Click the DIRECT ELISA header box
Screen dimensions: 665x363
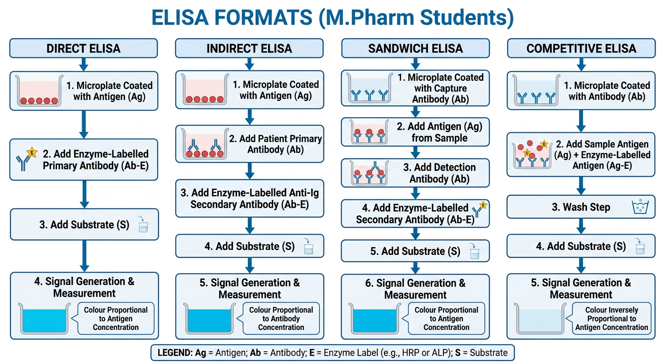pyautogui.click(x=84, y=48)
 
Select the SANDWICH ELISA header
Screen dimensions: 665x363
pyautogui.click(x=415, y=48)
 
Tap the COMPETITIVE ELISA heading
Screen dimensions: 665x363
pyautogui.click(x=581, y=48)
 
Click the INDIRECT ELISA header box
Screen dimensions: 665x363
pyautogui.click(x=249, y=48)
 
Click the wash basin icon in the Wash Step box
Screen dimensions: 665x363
pyautogui.click(x=640, y=207)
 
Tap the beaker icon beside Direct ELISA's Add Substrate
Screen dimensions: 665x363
pyautogui.click(x=143, y=225)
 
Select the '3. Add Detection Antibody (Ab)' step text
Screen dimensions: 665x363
pyautogui.click(x=439, y=173)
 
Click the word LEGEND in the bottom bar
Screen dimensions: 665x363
pyautogui.click(x=175, y=353)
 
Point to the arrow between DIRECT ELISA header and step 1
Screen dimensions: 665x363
pyautogui.click(x=84, y=64)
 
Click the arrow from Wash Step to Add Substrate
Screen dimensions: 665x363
pyautogui.click(x=581, y=226)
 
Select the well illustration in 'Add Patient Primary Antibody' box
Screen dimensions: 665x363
pyautogui.click(x=205, y=144)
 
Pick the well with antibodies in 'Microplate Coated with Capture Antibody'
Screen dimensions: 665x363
pyautogui.click(x=370, y=88)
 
